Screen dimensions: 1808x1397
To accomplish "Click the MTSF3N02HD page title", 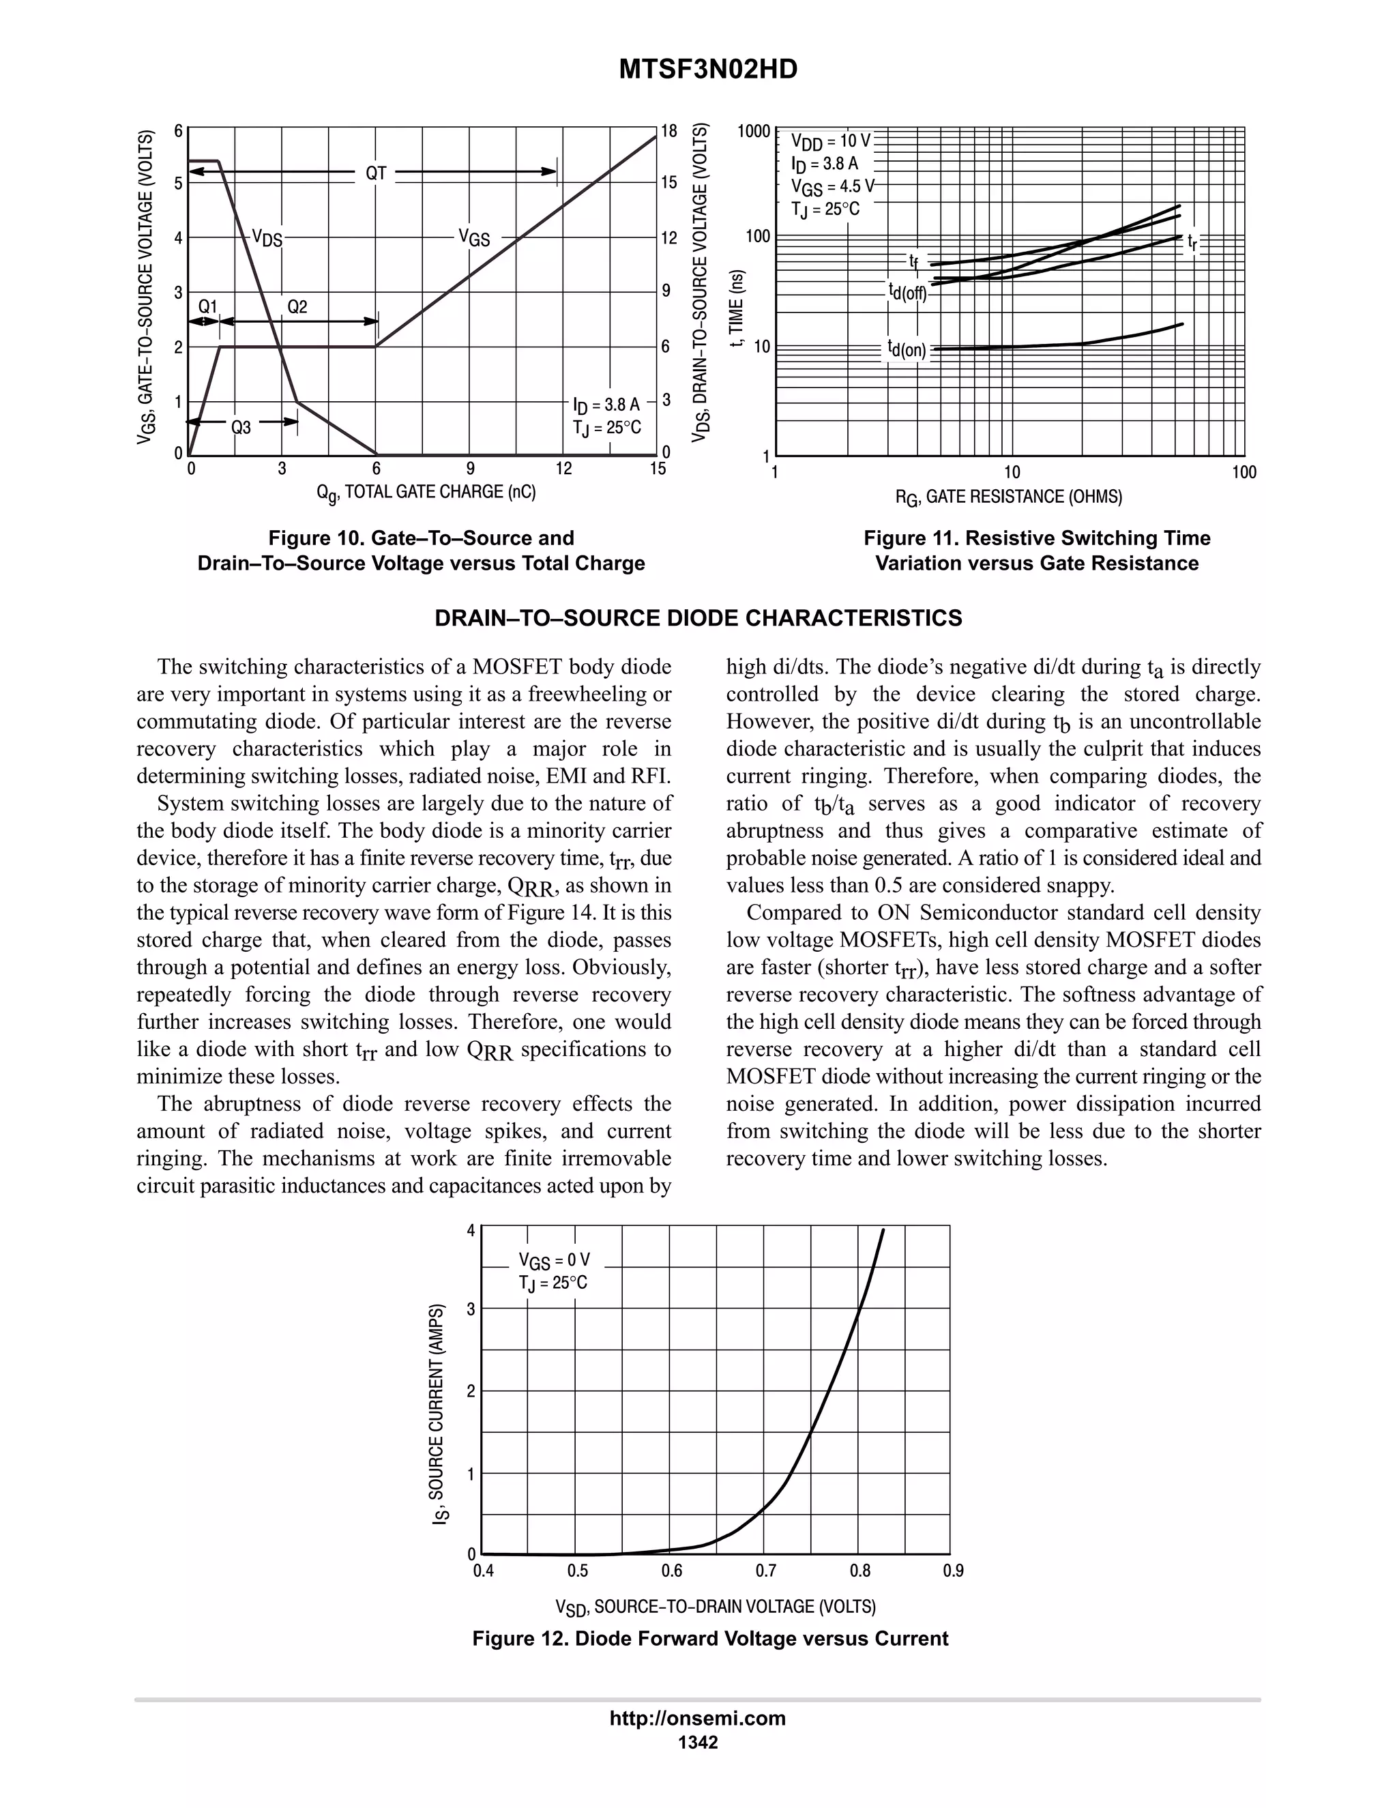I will click(707, 70).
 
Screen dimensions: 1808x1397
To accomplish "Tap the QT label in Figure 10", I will click(376, 173).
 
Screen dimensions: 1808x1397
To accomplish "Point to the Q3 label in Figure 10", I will click(241, 427).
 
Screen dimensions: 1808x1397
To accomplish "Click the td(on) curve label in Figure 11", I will click(907, 349).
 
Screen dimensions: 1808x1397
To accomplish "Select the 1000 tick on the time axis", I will click(754, 131).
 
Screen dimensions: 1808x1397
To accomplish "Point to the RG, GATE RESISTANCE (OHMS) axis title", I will click(1008, 497).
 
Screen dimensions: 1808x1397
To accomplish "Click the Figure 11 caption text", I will click(1036, 551).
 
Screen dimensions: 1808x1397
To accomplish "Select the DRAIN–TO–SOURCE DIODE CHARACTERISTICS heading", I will click(698, 618).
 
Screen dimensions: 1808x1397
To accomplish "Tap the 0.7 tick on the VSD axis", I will click(765, 1571).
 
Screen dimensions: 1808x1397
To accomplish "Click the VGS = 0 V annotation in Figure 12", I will click(554, 1261).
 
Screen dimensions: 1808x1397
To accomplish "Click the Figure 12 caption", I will click(710, 1638).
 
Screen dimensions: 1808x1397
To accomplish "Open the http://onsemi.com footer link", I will click(697, 1718).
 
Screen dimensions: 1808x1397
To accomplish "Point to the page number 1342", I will click(698, 1742).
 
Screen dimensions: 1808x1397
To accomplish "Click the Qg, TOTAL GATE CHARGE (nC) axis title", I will click(426, 493).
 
